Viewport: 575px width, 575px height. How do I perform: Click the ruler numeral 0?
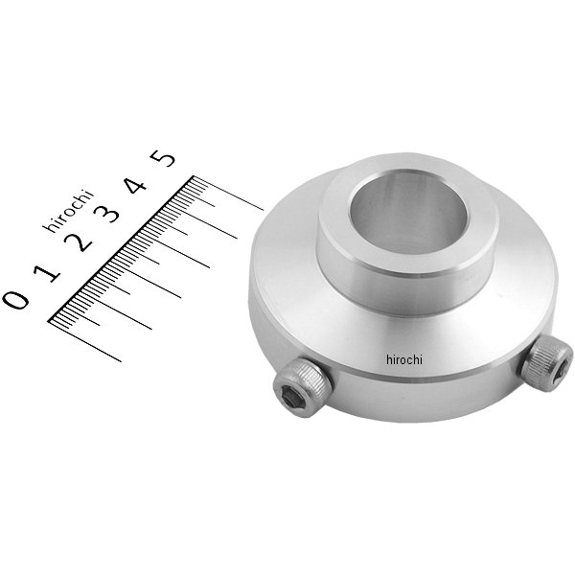point(16,299)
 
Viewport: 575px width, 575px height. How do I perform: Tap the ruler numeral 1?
point(47,272)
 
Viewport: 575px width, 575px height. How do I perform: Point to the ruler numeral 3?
point(106,213)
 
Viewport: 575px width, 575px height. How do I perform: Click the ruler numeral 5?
point(163,158)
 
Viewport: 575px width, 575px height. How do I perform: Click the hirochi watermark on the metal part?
point(404,359)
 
